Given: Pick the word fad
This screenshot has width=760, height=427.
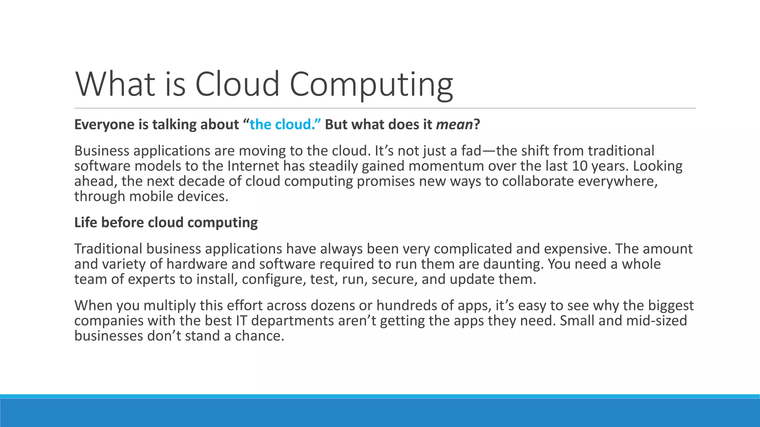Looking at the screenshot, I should click(x=471, y=151).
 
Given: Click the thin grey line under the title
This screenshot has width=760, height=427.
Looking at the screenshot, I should click(x=385, y=108).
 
